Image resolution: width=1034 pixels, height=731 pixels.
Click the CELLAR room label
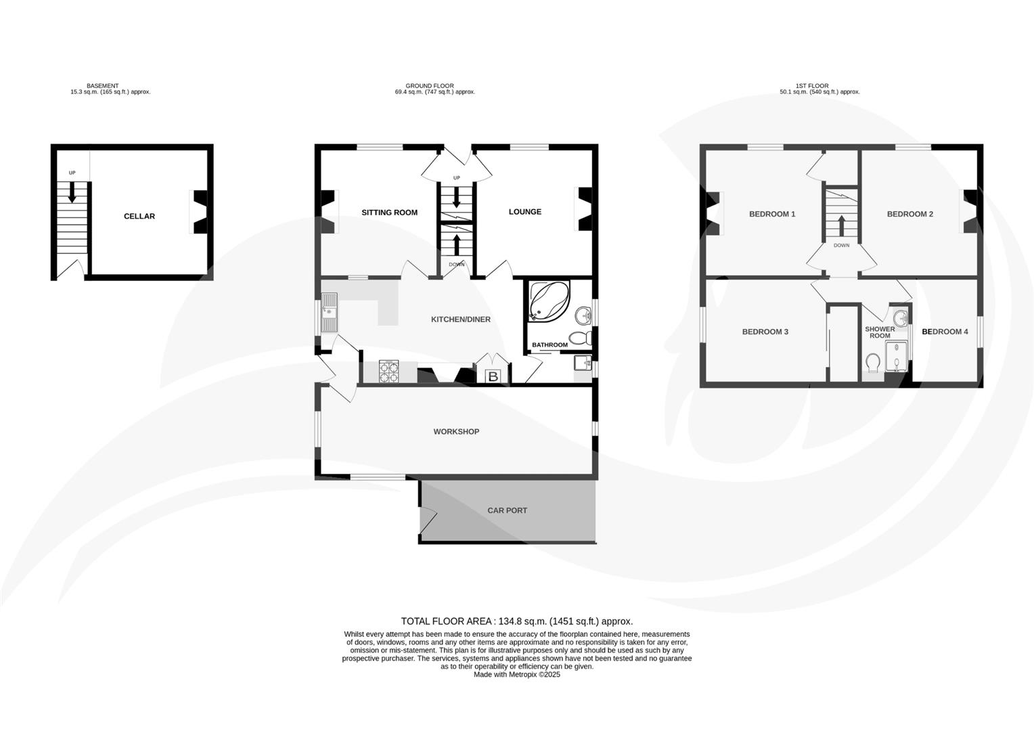[139, 217]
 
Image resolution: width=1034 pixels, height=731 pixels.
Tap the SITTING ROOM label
[389, 213]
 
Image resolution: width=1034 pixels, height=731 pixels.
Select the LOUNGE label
[524, 212]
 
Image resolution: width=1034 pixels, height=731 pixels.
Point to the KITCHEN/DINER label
[461, 319]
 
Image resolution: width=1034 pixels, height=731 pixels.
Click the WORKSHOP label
[456, 432]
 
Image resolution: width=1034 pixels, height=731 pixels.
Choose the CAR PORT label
[507, 511]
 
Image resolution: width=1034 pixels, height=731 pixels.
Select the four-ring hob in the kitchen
[389, 372]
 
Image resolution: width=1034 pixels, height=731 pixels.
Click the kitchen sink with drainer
[330, 313]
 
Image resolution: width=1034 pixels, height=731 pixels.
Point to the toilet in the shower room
[872, 363]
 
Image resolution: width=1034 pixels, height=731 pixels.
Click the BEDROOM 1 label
[772, 214]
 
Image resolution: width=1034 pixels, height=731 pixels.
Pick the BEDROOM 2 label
[909, 214]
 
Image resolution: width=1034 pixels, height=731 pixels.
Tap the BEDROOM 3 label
[765, 332]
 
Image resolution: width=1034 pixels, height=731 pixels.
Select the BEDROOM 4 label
[945, 332]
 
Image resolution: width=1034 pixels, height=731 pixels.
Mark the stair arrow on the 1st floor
[841, 225]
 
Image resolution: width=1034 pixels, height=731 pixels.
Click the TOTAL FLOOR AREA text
[516, 621]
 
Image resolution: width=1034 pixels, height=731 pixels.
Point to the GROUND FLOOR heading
[430, 86]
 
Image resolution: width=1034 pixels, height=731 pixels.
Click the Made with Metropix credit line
[516, 674]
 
